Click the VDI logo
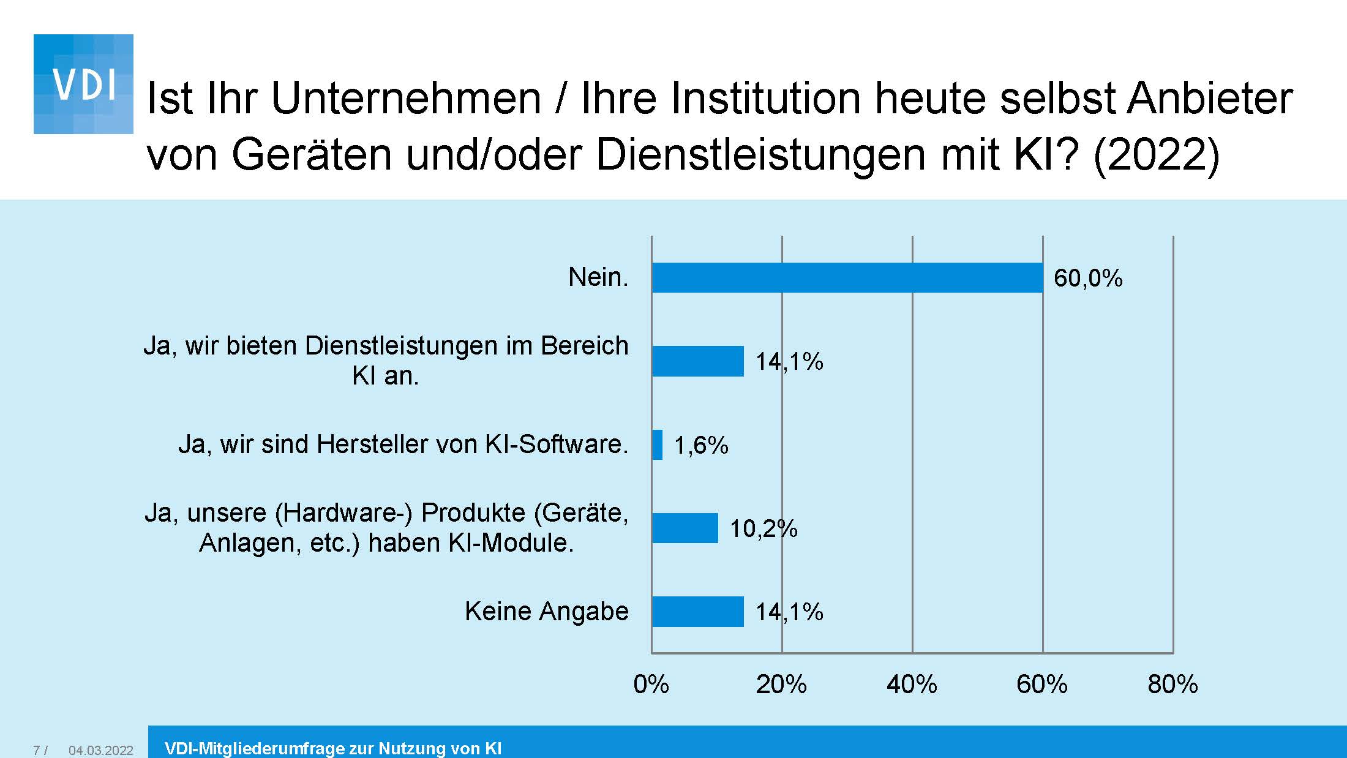(x=83, y=84)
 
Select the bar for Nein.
(x=847, y=278)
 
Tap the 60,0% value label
(x=1088, y=279)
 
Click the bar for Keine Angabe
(x=697, y=612)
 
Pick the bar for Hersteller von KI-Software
(x=657, y=445)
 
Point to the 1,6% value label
(x=701, y=445)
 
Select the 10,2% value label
(x=763, y=528)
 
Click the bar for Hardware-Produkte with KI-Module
(x=685, y=528)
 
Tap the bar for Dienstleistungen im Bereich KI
(x=697, y=361)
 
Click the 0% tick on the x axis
(x=651, y=684)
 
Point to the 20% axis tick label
(x=781, y=684)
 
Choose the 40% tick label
(x=912, y=684)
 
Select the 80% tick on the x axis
(x=1173, y=684)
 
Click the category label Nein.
(x=598, y=277)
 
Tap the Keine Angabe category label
(x=546, y=611)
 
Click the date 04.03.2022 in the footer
(x=100, y=750)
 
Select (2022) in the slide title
(x=1156, y=154)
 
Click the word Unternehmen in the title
(x=405, y=98)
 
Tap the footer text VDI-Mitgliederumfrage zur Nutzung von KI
(x=333, y=748)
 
